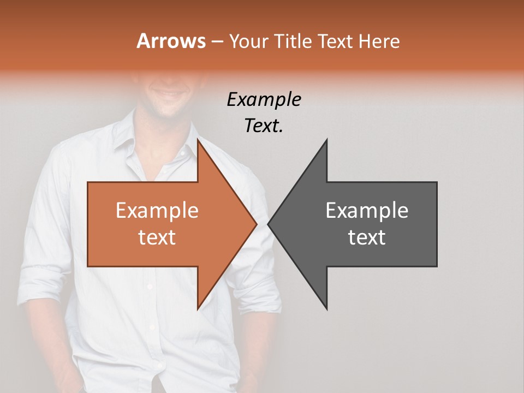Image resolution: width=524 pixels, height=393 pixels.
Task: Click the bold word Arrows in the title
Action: coord(171,41)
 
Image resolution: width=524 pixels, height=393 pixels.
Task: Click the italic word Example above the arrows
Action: coord(264,100)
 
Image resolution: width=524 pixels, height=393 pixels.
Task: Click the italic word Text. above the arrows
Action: coord(264,126)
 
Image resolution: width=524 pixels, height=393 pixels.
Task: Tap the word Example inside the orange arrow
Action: coord(157,211)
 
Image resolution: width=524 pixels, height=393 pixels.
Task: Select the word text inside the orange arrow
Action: coord(157,237)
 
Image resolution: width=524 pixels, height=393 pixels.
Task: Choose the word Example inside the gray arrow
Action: coord(367,211)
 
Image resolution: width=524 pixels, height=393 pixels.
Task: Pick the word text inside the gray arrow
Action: coord(367,237)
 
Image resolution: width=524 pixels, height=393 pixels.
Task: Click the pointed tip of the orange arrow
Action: coord(256,224)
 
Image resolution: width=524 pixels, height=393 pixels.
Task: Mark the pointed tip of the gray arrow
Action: coord(269,224)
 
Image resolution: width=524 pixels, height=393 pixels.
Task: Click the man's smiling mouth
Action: coord(167,96)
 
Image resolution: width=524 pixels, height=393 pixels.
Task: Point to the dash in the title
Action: coord(217,41)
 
